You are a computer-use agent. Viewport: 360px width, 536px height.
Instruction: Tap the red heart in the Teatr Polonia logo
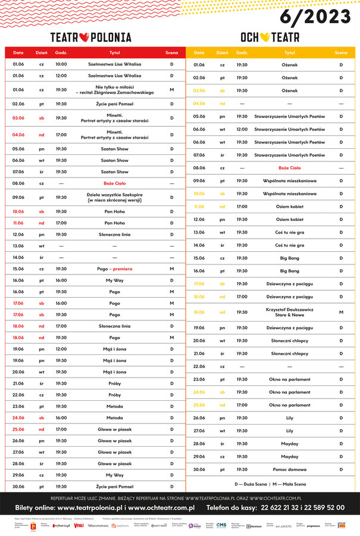tap(84, 37)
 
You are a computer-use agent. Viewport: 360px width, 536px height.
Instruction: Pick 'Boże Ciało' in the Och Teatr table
tap(290, 168)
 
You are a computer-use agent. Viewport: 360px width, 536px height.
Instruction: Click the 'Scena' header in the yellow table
tap(341, 53)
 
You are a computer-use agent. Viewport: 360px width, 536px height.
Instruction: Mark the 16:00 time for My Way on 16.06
tap(61, 281)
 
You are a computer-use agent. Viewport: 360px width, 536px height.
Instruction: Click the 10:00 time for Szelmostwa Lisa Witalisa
tap(61, 64)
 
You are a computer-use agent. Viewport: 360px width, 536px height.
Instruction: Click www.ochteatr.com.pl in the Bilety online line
tap(162, 508)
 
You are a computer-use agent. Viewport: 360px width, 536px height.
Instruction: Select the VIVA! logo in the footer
tap(79, 525)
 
